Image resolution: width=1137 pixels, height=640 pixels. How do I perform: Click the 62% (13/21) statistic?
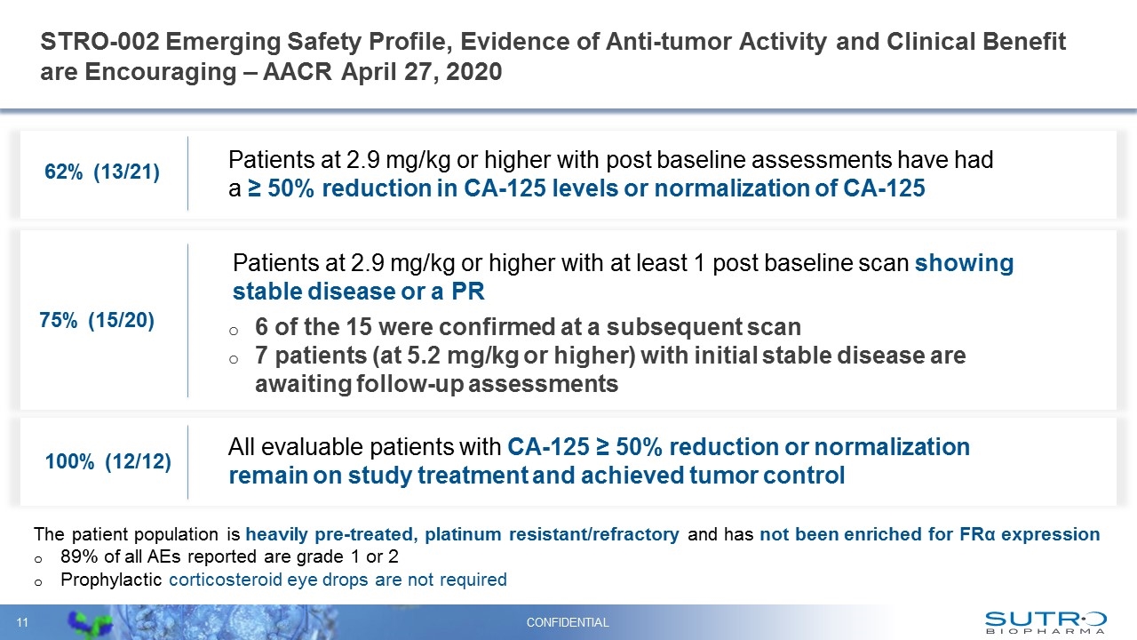pos(102,173)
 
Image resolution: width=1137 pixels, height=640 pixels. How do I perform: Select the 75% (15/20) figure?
pos(98,322)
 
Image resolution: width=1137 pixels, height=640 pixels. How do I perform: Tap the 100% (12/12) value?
pos(107,462)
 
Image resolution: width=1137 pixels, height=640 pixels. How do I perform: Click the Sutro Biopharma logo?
pos(1046,621)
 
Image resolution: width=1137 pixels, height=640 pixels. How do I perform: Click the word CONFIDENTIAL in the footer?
pos(568,622)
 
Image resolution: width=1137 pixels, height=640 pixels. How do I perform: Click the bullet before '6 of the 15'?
pos(234,327)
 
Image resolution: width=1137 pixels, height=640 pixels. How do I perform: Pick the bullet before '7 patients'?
pos(234,356)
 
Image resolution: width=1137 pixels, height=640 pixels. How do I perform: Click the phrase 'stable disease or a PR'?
pos(358,292)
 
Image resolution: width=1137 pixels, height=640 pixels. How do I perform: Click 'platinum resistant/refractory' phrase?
pos(553,534)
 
